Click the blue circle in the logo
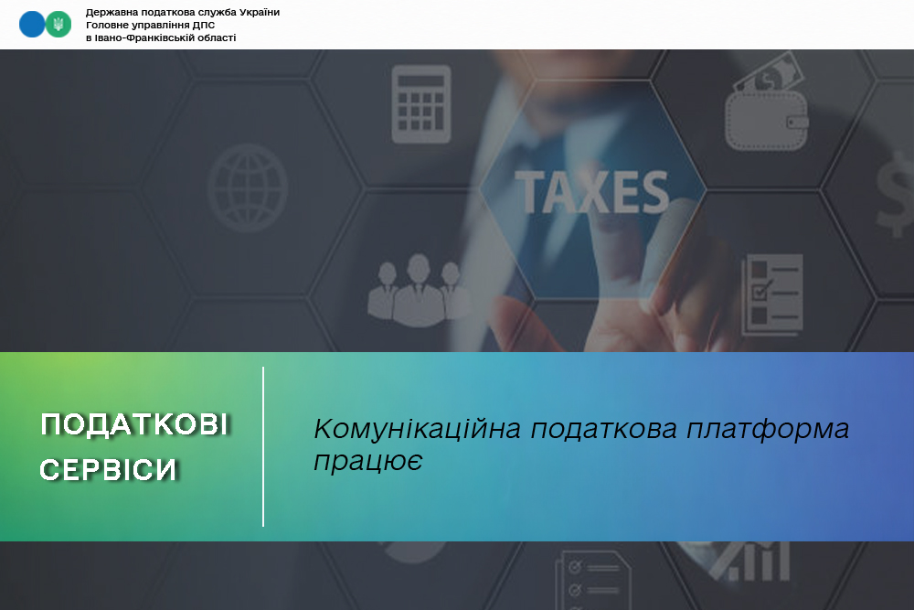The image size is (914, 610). click(32, 25)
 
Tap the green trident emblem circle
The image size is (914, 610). click(58, 25)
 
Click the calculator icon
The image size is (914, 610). click(420, 104)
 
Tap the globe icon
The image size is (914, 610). click(248, 187)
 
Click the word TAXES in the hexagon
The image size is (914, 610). click(592, 192)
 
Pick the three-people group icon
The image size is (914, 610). click(418, 289)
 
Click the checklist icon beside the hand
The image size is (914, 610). click(772, 294)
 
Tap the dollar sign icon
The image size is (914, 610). click(897, 194)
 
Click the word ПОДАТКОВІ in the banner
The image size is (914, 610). click(134, 424)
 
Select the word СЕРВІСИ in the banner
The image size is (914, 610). click(109, 469)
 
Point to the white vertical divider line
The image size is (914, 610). click(263, 446)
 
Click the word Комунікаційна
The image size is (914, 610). click(418, 429)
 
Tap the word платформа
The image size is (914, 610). click(768, 430)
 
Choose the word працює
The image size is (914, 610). click(367, 461)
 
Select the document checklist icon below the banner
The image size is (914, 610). click(593, 580)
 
